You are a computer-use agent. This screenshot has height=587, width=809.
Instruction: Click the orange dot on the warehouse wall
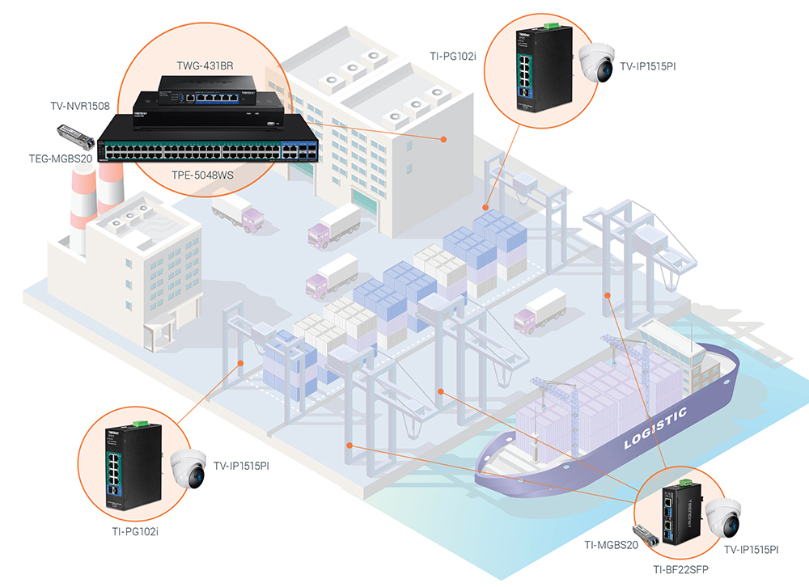[x=444, y=139]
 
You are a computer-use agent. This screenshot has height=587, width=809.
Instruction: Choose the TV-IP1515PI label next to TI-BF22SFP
[x=750, y=550]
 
